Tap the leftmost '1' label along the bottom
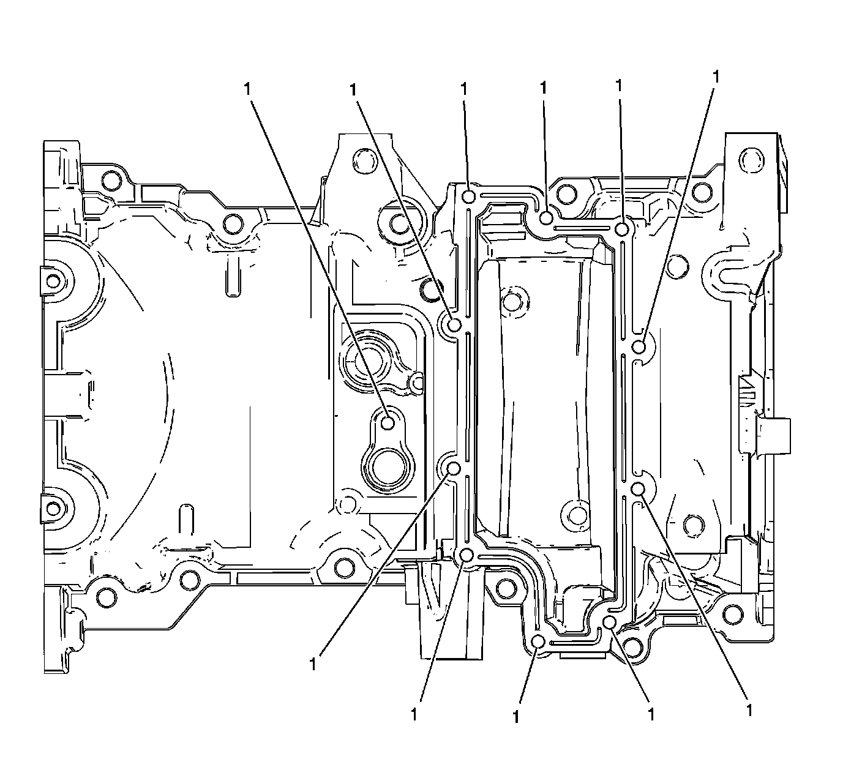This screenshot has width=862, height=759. coord(313,664)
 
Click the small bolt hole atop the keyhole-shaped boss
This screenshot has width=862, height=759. coord(388,422)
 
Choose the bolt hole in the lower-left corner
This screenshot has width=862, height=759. coord(106,596)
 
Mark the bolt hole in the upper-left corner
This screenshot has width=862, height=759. coord(111,180)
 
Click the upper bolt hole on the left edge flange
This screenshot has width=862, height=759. coord(54,282)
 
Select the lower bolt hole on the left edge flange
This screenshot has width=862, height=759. coord(54,507)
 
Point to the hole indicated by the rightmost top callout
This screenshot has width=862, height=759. coord(639,347)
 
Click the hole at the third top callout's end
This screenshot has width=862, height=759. coord(469,196)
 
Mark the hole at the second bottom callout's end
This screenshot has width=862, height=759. coord(467,555)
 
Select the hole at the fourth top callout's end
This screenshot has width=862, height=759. coord(547,217)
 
